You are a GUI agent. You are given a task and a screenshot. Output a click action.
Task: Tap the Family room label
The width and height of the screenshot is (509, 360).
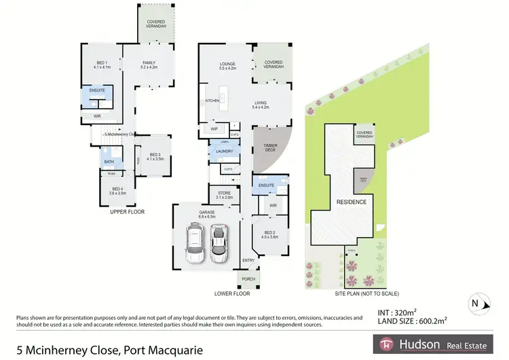pyautogui.click(x=149, y=65)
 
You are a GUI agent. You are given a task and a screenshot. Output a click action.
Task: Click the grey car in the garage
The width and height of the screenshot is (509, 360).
pyautogui.click(x=219, y=242)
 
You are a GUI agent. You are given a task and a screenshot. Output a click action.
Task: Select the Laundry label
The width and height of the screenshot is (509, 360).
pyautogui.click(x=225, y=151)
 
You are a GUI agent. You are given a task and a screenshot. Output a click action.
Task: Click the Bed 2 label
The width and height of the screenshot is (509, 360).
pyautogui.click(x=270, y=234)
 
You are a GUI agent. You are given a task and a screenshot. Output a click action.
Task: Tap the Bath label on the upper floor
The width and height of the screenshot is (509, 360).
pyautogui.click(x=109, y=162)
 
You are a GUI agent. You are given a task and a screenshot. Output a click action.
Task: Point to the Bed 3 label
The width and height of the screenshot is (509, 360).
pyautogui.click(x=155, y=156)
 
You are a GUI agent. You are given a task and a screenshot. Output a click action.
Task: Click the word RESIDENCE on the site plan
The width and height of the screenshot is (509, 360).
pyautogui.click(x=352, y=202)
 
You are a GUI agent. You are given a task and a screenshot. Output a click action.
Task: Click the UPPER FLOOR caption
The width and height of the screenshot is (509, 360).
pyautogui.click(x=127, y=212)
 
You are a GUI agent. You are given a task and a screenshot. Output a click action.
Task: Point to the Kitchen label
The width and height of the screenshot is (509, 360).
pyautogui.click(x=212, y=101)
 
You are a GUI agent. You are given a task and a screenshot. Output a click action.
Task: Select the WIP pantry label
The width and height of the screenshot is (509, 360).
pyautogui.click(x=214, y=129)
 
